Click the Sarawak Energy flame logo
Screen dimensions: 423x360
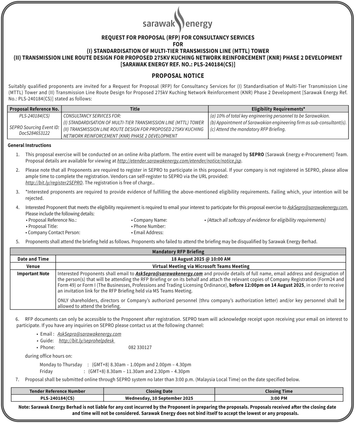point(179,19)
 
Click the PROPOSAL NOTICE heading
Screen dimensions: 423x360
point(178,76)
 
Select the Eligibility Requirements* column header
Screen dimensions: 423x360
point(278,109)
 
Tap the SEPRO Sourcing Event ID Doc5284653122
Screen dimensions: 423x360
point(34,130)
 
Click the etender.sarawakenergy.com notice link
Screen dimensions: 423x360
point(179,161)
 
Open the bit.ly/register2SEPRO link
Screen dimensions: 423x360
point(54,183)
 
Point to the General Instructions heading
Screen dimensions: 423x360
point(29,145)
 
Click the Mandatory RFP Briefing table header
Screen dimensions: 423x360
point(178,251)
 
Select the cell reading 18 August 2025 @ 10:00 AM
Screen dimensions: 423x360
point(201,259)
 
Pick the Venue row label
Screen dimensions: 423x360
point(33,266)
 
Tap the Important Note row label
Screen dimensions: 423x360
point(33,274)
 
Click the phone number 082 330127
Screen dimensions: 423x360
point(140,348)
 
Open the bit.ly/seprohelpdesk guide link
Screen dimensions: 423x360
point(86,341)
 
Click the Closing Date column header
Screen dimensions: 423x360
point(159,391)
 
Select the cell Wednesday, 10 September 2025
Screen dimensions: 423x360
point(159,398)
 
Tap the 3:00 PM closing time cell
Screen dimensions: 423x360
point(279,398)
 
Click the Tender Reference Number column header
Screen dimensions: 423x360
point(57,391)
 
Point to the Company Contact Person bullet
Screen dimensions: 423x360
point(54,232)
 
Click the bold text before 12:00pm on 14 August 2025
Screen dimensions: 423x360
point(266,285)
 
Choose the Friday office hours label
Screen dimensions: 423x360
point(46,371)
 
